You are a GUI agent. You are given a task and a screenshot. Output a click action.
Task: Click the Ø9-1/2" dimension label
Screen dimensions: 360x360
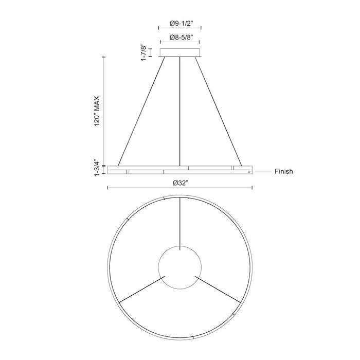180,23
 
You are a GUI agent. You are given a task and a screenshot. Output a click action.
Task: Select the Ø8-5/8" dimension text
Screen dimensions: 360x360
180,38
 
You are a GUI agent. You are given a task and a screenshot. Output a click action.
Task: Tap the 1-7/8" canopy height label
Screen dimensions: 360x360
145,52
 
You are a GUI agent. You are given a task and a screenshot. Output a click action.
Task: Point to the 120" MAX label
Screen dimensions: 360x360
97,111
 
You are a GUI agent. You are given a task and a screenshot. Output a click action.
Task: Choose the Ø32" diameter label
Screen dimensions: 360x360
179,183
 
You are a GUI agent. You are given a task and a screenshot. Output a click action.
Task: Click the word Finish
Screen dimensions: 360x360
283,171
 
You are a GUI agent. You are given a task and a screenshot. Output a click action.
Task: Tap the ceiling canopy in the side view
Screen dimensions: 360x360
180,52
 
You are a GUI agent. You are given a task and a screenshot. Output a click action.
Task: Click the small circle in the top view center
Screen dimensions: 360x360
180,267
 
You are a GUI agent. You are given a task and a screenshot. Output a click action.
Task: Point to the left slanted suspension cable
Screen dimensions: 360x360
142,111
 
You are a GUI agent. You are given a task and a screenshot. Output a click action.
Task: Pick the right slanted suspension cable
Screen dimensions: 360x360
218,111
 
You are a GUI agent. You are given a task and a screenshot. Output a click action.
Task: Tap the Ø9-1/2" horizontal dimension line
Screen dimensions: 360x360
180,30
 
